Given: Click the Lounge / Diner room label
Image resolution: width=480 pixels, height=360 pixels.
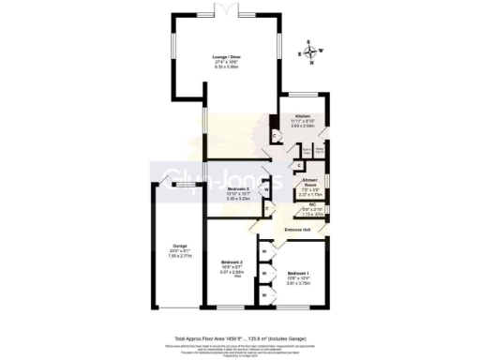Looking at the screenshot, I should click(224, 58).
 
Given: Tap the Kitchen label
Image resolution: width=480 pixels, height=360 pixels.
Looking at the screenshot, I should click(297, 117).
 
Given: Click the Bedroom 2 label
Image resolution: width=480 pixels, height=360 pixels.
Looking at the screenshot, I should click(232, 262).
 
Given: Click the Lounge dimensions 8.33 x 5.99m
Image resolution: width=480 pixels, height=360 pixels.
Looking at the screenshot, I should click(224, 68).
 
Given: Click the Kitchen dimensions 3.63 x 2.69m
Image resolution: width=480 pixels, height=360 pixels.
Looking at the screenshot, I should click(297, 128).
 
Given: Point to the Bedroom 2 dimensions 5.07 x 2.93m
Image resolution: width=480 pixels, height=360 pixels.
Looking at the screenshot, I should click(232, 273).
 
